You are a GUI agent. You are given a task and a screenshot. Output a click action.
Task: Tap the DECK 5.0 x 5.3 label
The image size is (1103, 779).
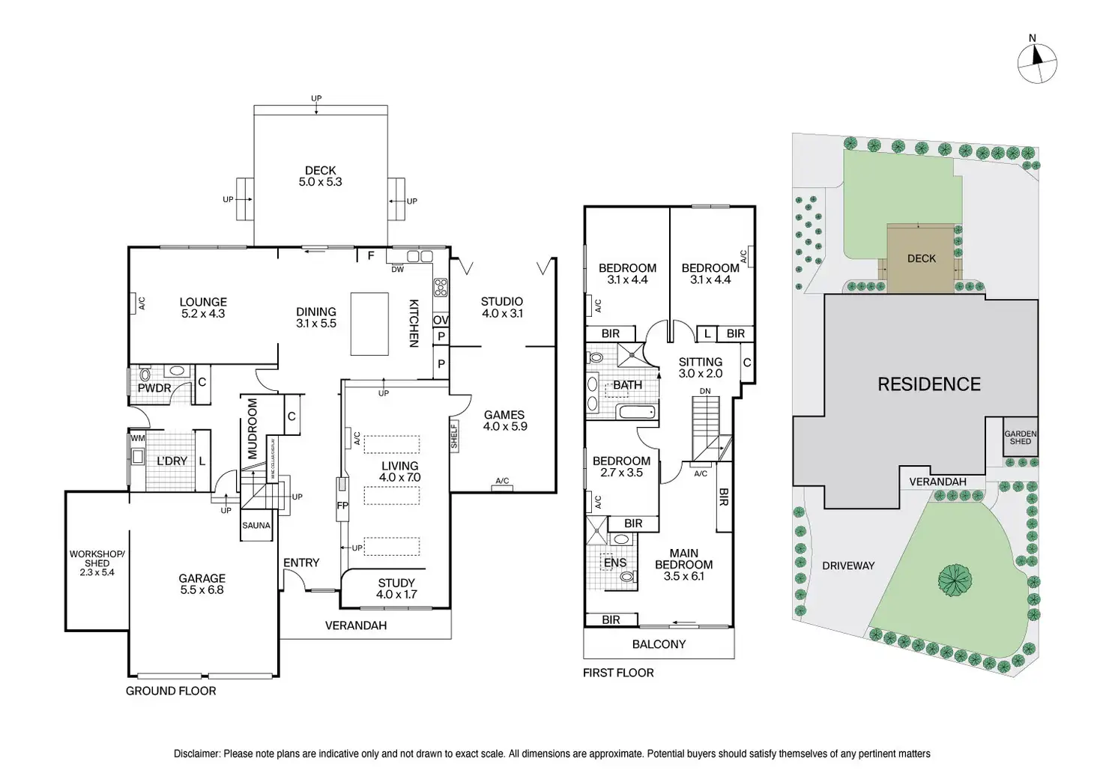(x=320, y=176)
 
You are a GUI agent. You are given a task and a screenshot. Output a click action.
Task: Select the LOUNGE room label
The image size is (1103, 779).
(x=203, y=308)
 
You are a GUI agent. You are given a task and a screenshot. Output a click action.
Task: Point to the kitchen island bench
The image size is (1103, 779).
(x=369, y=324)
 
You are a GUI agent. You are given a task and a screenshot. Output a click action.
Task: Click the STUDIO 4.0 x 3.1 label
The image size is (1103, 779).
(x=501, y=307)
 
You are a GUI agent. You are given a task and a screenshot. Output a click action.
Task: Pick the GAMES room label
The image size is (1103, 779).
(x=504, y=420)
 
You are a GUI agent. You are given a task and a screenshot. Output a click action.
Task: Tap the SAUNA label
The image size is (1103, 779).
(x=256, y=526)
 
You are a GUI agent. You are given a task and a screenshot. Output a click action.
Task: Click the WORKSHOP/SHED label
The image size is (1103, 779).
(x=97, y=563)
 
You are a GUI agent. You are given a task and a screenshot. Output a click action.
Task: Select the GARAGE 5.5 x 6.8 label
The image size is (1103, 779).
(x=202, y=584)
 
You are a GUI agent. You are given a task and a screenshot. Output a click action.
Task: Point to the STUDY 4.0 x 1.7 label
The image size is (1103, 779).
(x=396, y=588)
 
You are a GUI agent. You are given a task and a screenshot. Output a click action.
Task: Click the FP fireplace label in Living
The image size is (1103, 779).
(x=342, y=506)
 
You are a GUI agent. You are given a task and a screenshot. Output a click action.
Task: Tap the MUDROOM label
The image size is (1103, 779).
(x=253, y=428)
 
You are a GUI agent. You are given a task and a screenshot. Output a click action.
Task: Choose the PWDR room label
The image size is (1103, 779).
(x=154, y=388)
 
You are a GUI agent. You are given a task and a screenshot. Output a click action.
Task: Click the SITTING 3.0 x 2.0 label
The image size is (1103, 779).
(x=701, y=367)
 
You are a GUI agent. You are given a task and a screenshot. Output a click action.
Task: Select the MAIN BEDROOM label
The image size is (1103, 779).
(x=683, y=565)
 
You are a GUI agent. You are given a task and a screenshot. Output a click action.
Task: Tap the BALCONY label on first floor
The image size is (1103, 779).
(x=659, y=644)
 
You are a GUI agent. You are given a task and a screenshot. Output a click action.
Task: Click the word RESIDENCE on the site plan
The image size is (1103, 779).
(x=929, y=384)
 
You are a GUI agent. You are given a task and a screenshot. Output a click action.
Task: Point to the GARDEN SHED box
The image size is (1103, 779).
(x=1021, y=437)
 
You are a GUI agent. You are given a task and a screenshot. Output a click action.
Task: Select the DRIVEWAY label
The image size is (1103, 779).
(x=848, y=566)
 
